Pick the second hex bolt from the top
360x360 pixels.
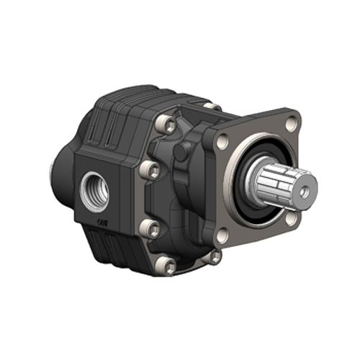click(x=150, y=171)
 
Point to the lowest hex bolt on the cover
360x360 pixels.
click(x=169, y=266)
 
